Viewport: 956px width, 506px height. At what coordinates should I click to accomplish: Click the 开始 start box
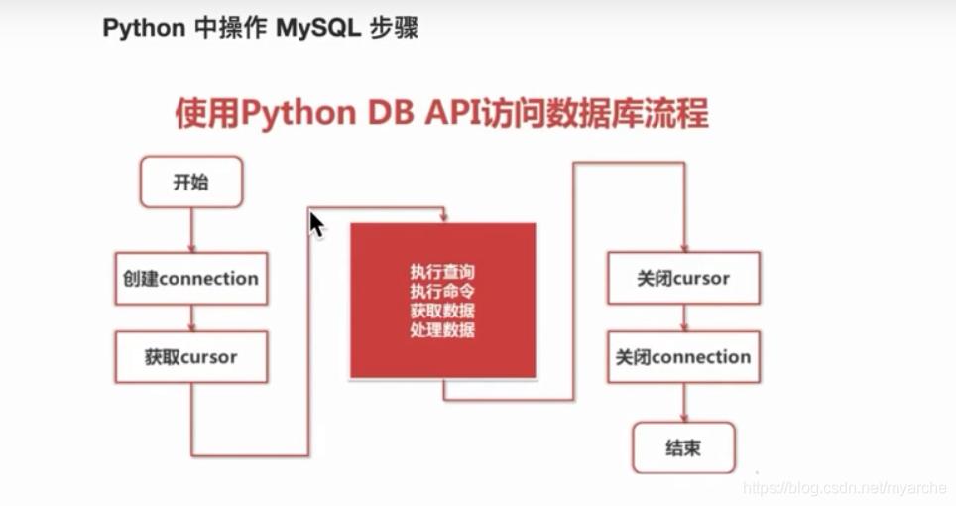point(191,182)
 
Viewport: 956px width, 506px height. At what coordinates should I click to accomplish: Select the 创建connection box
point(191,278)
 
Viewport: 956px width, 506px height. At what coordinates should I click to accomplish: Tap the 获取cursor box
point(191,357)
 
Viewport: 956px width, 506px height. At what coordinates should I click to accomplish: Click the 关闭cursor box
point(683,278)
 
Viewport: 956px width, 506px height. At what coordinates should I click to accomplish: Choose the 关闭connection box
point(683,357)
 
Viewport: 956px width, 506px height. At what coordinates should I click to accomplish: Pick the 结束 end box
point(683,447)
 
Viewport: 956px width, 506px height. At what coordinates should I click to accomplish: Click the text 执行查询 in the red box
point(442,271)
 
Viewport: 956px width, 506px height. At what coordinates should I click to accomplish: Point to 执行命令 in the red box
point(442,291)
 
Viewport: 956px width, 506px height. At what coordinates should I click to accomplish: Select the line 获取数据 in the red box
point(442,311)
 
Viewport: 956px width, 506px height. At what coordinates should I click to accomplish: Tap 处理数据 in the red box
point(442,330)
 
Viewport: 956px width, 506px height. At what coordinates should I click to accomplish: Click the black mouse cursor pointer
point(316,224)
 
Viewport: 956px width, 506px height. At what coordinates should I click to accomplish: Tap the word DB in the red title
point(390,113)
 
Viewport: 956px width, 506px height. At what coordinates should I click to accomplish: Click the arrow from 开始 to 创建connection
point(190,230)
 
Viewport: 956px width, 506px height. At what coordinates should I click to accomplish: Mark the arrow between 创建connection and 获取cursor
point(190,318)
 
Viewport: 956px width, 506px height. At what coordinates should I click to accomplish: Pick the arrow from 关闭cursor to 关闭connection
point(683,318)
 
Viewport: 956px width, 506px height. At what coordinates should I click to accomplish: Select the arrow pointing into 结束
point(683,403)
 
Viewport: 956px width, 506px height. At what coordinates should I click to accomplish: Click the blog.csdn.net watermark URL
point(845,488)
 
